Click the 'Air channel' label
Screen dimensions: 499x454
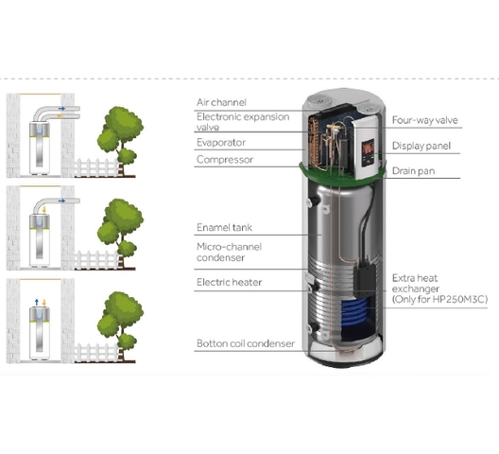click(x=221, y=102)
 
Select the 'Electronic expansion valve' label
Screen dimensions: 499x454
click(x=243, y=122)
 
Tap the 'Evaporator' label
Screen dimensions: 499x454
click(x=221, y=143)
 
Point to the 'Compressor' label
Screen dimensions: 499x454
click(x=225, y=160)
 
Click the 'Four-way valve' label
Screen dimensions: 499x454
click(x=425, y=120)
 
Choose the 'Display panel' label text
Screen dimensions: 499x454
click(x=422, y=146)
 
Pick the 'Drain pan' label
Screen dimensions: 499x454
click(x=413, y=171)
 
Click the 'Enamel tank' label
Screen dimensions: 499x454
click(x=224, y=228)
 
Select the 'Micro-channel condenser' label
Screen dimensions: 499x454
click(x=229, y=252)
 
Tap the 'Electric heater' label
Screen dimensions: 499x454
click(x=229, y=282)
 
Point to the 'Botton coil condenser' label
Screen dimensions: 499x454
click(x=246, y=343)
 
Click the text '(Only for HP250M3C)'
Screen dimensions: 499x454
click(x=439, y=300)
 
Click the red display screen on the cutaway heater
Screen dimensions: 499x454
click(x=368, y=147)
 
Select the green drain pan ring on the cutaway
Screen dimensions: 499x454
click(x=342, y=174)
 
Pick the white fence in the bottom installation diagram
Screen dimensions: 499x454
click(x=97, y=353)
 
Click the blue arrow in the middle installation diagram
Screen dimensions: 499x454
click(x=62, y=201)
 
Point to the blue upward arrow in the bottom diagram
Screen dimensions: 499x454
click(x=37, y=303)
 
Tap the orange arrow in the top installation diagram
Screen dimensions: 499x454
click(x=60, y=116)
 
